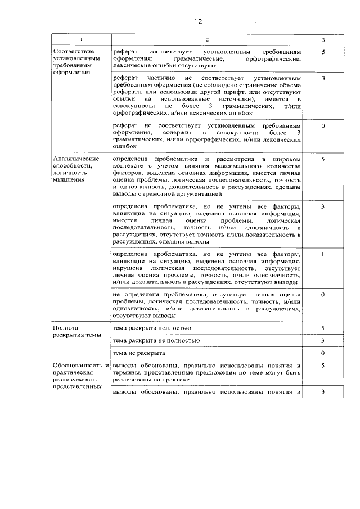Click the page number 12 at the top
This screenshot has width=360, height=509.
198,21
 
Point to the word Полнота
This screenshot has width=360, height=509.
65,328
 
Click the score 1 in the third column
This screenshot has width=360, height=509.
323,255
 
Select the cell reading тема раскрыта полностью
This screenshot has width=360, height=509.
152,328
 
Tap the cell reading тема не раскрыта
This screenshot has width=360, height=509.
138,353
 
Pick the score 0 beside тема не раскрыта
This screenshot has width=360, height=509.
323,353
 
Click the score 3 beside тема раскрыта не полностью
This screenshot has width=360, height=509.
323,340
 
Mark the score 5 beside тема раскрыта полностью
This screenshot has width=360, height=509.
323,328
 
